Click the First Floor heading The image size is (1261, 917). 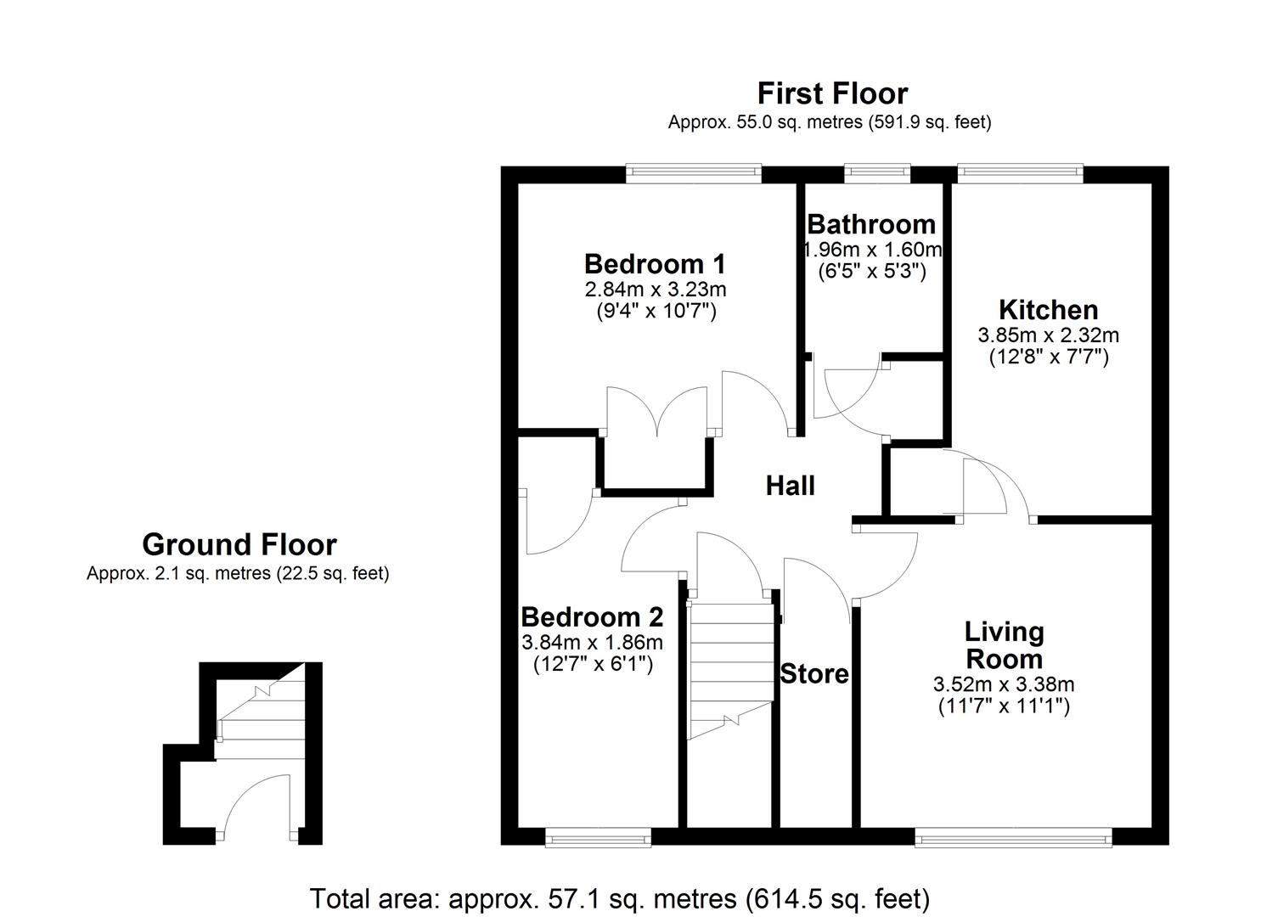point(832,93)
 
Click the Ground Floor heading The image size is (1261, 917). point(239,544)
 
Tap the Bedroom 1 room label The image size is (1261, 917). point(654,262)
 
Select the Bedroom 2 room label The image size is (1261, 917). point(592,616)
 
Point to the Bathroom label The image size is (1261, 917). point(871,224)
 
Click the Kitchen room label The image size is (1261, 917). point(1048,309)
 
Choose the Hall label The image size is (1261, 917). point(790,486)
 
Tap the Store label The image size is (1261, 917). point(814,674)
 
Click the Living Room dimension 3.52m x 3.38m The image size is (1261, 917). point(1004,684)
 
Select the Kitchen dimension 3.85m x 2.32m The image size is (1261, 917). point(1048,335)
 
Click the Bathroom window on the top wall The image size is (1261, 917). point(877,173)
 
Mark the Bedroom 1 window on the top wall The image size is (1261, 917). point(694,173)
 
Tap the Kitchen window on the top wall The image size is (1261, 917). point(1020,173)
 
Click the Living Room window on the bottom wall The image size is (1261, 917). point(1012,838)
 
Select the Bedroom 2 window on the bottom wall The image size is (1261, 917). point(598,838)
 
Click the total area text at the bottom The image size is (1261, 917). point(620,897)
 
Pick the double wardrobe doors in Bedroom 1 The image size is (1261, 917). point(656,412)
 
